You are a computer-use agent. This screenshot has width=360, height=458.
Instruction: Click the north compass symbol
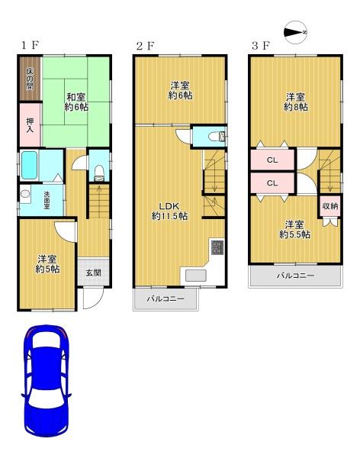(296, 32)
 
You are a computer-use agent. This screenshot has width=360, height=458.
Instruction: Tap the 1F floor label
(30, 45)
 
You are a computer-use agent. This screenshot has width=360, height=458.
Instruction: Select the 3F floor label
(261, 46)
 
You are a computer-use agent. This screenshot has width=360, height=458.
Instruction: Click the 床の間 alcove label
(30, 79)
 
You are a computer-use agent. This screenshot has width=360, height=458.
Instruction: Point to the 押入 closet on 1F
(30, 124)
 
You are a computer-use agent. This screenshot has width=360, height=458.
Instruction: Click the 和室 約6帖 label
(76, 102)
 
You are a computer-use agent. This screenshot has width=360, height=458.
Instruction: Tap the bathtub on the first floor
(29, 166)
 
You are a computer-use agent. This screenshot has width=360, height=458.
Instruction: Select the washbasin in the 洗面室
(25, 194)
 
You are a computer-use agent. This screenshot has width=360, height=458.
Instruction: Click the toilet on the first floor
(99, 173)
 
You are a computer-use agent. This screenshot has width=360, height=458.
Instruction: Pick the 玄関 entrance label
(93, 273)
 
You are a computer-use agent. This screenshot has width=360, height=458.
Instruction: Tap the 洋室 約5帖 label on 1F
(47, 264)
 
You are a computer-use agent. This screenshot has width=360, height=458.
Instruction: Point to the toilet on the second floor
(217, 137)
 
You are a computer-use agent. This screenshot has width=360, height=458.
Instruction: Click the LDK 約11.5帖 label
(169, 211)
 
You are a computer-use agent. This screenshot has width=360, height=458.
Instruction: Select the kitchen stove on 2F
(217, 247)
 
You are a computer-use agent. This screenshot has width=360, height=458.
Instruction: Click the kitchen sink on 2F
(195, 276)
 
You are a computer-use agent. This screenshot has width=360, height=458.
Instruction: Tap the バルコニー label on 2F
(166, 299)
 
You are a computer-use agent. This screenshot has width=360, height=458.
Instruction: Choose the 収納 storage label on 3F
(330, 206)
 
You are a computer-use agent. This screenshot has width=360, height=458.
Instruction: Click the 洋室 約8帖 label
(295, 102)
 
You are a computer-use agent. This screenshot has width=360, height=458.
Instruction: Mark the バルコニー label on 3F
(295, 276)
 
